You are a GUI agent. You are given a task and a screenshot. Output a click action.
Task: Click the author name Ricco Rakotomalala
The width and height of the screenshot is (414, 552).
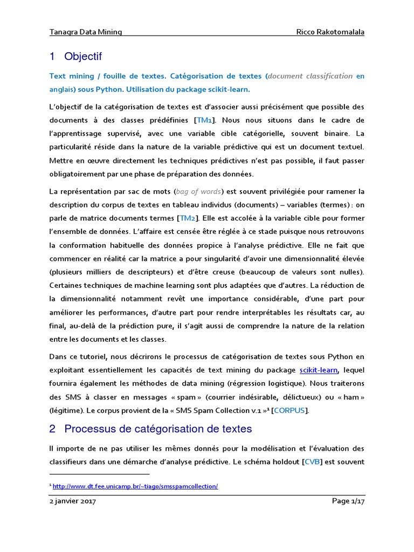pyautogui.click(x=330, y=32)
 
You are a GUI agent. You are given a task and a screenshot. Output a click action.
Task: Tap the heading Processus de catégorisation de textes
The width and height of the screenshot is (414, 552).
pyautogui.click(x=158, y=429)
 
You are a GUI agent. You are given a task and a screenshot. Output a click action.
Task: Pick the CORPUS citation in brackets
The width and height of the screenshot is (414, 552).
pyautogui.click(x=291, y=410)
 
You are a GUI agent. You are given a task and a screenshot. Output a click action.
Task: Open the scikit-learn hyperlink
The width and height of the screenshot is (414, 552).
pyautogui.click(x=319, y=370)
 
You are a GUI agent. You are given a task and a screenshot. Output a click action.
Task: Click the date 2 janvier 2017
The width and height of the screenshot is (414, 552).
pyautogui.click(x=72, y=501)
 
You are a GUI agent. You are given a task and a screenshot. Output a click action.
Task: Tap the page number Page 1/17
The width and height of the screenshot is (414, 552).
pyautogui.click(x=348, y=501)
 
